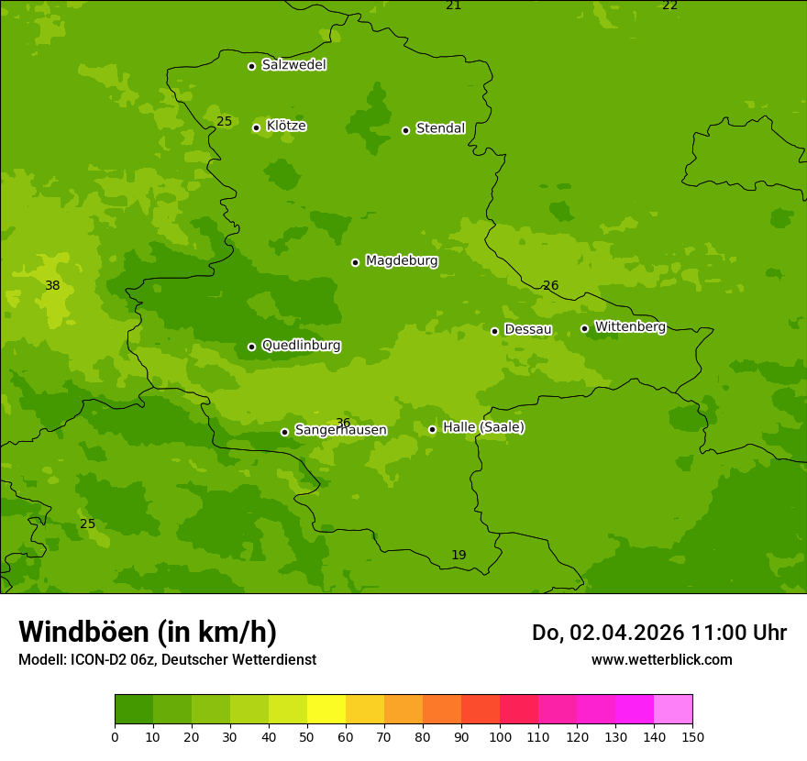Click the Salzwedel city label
(x=293, y=65)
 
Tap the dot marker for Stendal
(x=406, y=130)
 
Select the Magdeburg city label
(x=402, y=261)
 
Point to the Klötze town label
(x=286, y=127)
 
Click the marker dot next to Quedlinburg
(x=251, y=347)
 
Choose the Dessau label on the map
(x=528, y=329)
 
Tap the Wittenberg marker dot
(x=584, y=328)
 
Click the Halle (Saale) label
(x=483, y=427)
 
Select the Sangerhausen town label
(x=340, y=430)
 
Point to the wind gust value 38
(x=52, y=286)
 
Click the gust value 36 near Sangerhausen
(x=343, y=423)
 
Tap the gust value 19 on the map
(x=459, y=556)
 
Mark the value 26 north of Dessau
(x=550, y=286)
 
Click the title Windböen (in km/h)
(x=148, y=632)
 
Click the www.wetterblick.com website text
(x=661, y=659)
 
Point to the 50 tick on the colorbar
(x=307, y=736)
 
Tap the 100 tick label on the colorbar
(x=500, y=736)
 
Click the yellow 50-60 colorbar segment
(x=326, y=710)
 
